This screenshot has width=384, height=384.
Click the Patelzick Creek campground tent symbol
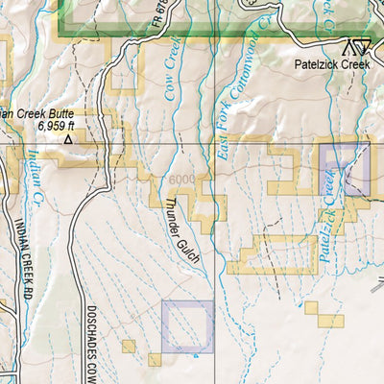pos(356,45)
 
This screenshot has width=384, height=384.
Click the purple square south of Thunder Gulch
pos(187,325)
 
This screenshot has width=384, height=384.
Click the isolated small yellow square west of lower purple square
pos(129,345)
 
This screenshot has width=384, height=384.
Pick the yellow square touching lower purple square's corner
pos(155,359)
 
